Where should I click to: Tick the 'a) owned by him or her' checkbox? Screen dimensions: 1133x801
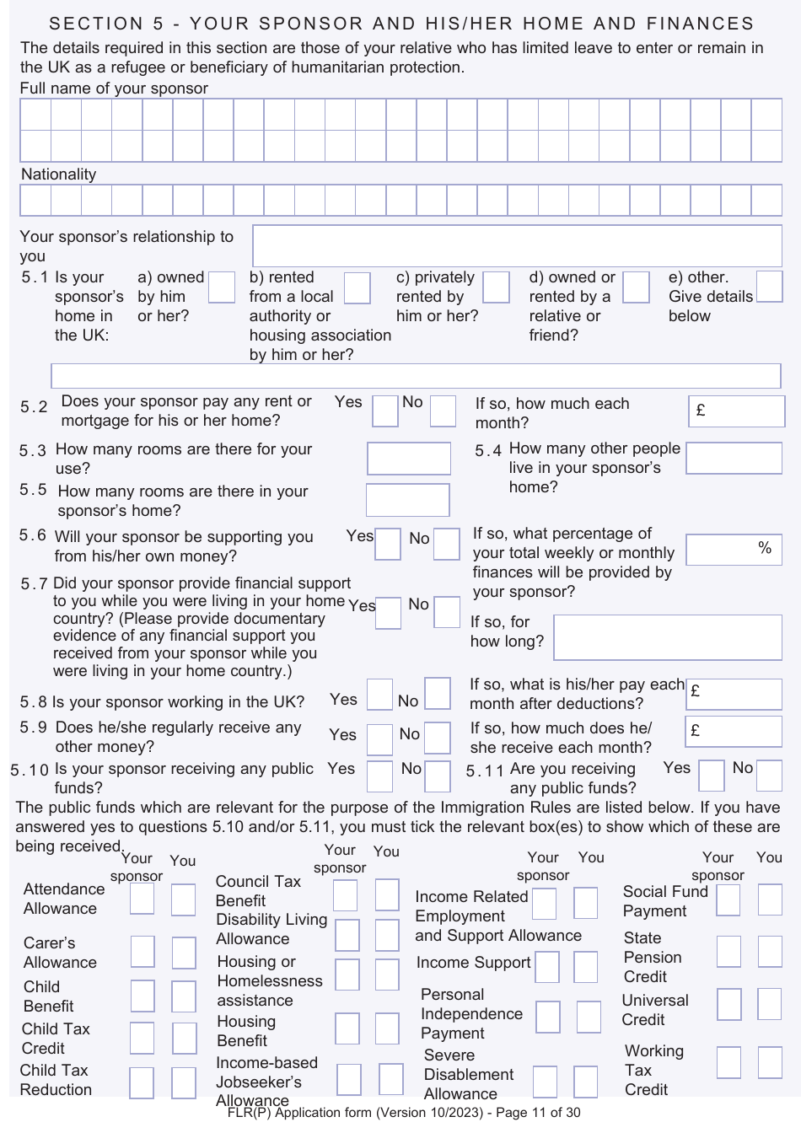click(221, 287)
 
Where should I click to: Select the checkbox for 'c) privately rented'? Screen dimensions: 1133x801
click(496, 287)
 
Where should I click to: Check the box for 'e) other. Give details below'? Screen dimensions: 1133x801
click(769, 287)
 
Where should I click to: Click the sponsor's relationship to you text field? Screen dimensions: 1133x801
click(517, 245)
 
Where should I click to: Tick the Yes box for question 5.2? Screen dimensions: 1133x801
click(385, 411)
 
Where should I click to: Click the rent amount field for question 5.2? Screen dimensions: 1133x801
click(736, 411)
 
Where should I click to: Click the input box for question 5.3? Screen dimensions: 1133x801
click(409, 459)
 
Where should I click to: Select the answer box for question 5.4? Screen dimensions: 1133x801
click(734, 459)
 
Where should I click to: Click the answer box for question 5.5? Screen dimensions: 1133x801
click(408, 500)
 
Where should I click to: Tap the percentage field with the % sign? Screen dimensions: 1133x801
click(734, 550)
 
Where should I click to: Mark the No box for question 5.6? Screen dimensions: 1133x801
click(446, 545)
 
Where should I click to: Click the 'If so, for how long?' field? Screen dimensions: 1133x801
click(668, 637)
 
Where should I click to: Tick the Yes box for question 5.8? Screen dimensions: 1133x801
click(380, 695)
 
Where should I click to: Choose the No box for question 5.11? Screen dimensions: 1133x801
click(769, 776)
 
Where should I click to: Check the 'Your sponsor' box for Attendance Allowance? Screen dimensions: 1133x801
click(142, 899)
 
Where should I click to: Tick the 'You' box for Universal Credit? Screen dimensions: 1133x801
click(769, 1004)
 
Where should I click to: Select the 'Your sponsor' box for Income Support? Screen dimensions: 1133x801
click(547, 967)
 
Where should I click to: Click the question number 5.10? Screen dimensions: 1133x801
click(30, 771)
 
